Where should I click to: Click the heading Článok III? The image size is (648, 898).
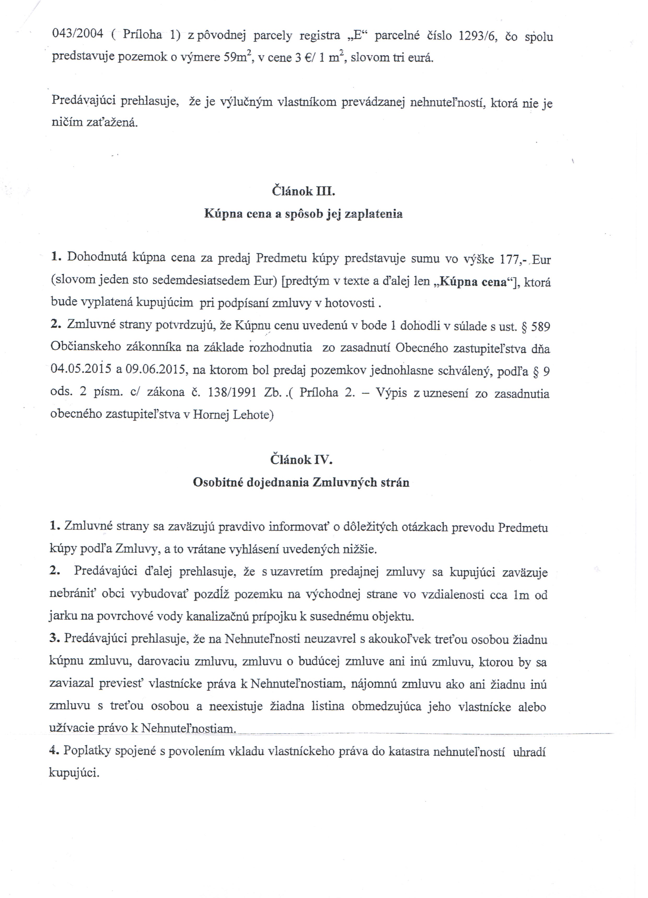tap(303, 192)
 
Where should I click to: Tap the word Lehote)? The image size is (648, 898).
tap(253, 415)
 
